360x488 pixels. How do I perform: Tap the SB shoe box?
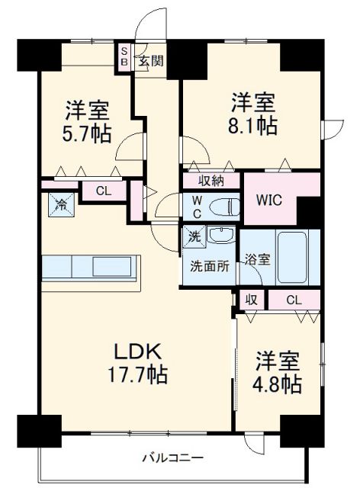click(x=123, y=57)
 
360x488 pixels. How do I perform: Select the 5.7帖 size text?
click(x=86, y=134)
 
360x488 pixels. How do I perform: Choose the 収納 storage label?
click(x=211, y=181)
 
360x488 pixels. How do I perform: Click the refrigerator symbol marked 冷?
click(x=60, y=204)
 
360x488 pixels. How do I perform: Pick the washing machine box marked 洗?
click(x=194, y=237)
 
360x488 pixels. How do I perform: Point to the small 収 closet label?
click(x=251, y=300)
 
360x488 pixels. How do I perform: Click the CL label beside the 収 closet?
click(x=293, y=300)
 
